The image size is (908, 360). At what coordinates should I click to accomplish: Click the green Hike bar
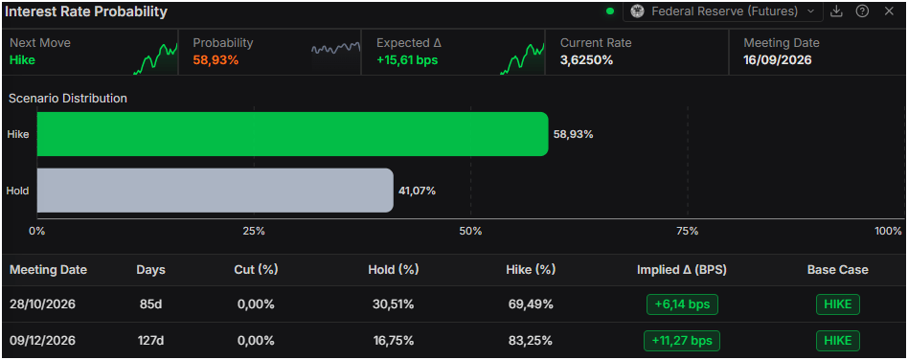tap(292, 134)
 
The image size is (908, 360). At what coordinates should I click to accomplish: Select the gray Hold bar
tap(215, 191)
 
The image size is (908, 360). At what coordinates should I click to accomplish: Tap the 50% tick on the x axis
tap(470, 232)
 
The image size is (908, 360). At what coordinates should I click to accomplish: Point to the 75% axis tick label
tap(688, 232)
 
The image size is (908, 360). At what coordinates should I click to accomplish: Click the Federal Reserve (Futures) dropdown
tap(723, 11)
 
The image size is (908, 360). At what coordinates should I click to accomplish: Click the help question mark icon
tap(862, 11)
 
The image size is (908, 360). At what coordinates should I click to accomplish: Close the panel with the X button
tap(889, 11)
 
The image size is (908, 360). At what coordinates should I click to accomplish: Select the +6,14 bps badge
tap(682, 304)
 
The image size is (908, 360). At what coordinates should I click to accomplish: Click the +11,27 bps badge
tap(682, 341)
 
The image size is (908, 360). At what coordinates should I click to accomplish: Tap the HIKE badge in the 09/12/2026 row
tap(838, 341)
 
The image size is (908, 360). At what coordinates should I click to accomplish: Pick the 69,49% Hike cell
tap(531, 304)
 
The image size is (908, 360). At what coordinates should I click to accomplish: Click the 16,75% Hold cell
tap(394, 341)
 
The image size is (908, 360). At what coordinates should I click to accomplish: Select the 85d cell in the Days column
tap(150, 304)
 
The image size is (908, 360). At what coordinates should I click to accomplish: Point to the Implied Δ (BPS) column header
tap(682, 270)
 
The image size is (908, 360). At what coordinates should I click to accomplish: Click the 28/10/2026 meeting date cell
tap(42, 304)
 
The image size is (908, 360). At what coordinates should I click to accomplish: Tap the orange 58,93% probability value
tap(216, 60)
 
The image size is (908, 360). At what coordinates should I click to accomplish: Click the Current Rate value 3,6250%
tap(586, 60)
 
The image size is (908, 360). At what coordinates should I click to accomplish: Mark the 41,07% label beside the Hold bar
tap(417, 191)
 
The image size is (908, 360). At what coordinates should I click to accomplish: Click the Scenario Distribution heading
tap(68, 99)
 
